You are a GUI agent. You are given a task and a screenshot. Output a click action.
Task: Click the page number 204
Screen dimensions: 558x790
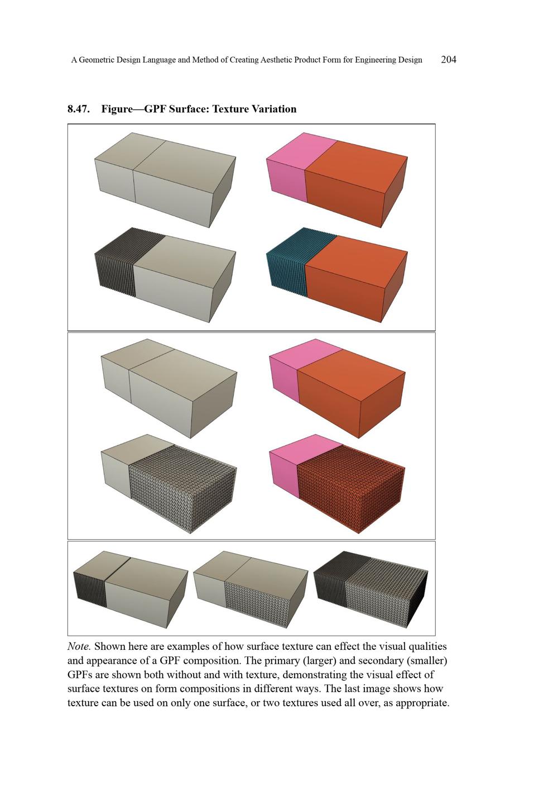[449, 60]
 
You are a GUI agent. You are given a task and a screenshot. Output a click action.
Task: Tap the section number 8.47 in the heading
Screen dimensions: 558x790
[78, 109]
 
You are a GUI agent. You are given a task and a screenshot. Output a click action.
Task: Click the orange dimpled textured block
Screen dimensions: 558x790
[350, 488]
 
